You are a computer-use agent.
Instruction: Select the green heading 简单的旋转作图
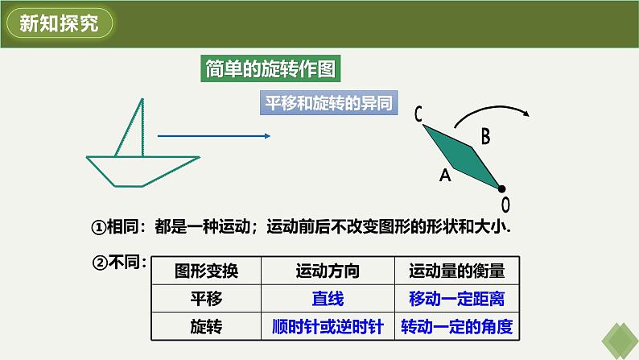tap(270, 69)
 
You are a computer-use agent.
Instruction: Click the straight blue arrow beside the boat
tap(212, 137)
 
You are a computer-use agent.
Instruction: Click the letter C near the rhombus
tap(419, 115)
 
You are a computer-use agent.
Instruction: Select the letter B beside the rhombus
tap(485, 137)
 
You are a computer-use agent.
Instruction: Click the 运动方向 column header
tap(328, 271)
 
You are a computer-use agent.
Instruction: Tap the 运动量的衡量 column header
tap(457, 271)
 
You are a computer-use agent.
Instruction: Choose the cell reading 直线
tap(328, 299)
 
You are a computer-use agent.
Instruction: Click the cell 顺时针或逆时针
tap(328, 327)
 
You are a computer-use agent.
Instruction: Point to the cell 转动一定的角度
tap(457, 327)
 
